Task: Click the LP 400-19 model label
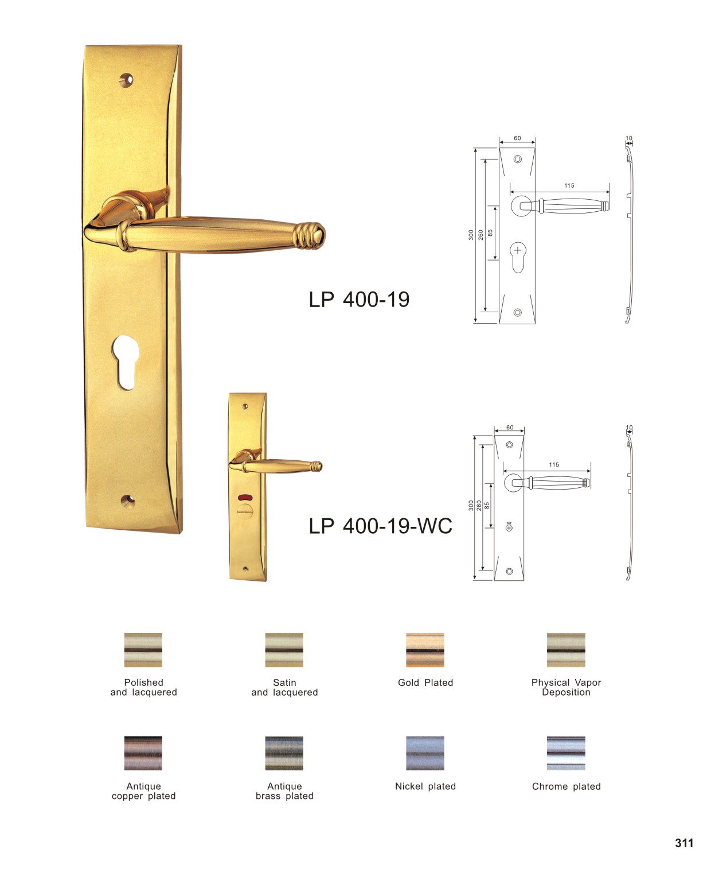click(x=358, y=300)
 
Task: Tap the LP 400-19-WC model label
click(x=380, y=526)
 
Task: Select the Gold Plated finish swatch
click(x=425, y=650)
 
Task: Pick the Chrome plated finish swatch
click(x=565, y=753)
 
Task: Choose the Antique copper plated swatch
click(x=143, y=753)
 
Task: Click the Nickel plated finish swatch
click(x=425, y=753)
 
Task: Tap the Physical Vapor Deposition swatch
click(x=565, y=650)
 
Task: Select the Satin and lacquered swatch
click(x=284, y=650)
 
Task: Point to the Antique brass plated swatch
click(x=284, y=753)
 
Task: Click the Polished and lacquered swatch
click(x=143, y=650)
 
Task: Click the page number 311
click(x=683, y=843)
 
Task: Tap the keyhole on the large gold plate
click(x=125, y=362)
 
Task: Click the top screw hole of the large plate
click(x=126, y=80)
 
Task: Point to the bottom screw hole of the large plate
click(x=128, y=500)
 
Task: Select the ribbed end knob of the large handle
click(x=309, y=236)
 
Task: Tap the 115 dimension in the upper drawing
click(x=569, y=185)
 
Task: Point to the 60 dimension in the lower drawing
click(x=510, y=427)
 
